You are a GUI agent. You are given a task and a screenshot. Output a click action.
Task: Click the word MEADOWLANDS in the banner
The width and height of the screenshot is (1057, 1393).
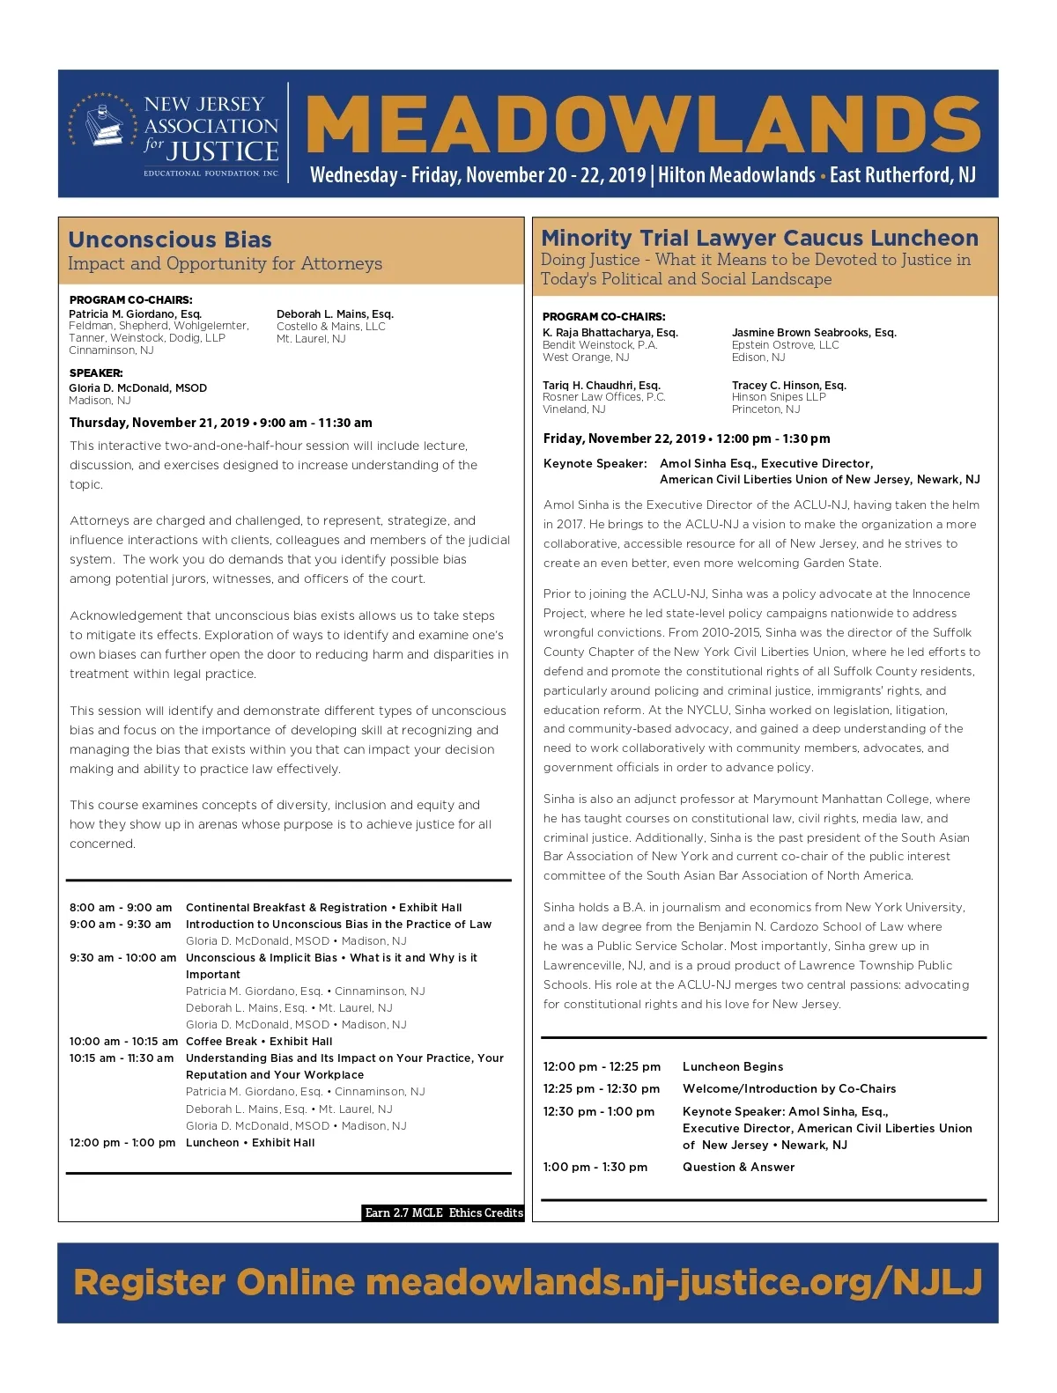coord(643,125)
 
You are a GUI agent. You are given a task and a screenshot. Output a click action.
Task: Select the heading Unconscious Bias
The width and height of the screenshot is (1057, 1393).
coord(170,240)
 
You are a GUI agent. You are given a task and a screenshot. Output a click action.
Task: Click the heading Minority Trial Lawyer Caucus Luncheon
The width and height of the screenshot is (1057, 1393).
coord(759,238)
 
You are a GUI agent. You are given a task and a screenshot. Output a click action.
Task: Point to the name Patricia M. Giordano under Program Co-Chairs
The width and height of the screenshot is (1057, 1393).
coord(136,314)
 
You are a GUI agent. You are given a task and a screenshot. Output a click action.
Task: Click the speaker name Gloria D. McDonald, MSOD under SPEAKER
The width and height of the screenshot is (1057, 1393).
coord(138,388)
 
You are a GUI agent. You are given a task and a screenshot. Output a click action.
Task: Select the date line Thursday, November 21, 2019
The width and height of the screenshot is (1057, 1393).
coord(159,423)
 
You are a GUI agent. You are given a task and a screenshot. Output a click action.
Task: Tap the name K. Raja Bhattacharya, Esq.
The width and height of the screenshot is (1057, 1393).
coord(610,333)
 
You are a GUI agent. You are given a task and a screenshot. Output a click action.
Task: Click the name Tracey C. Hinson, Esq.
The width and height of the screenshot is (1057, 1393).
coord(788,386)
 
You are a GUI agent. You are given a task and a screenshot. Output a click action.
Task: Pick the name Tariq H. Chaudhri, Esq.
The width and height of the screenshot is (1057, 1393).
coord(602,386)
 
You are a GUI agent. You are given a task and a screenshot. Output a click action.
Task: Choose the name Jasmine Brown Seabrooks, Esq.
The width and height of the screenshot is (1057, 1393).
coord(814,333)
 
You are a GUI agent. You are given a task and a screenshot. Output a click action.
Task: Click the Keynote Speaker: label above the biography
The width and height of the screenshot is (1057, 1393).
coord(595,464)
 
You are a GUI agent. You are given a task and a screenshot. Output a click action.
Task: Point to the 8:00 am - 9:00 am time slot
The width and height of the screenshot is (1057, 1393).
coord(121,908)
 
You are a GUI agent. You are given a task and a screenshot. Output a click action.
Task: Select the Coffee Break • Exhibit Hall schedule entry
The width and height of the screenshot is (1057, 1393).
coord(259,1042)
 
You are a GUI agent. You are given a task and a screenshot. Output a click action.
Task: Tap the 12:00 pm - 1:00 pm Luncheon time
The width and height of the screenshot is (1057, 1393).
coord(122,1143)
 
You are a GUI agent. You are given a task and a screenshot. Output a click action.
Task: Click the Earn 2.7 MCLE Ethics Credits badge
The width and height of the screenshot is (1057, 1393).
coord(444,1213)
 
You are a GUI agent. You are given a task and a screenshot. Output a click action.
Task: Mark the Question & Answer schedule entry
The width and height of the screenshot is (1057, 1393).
coord(738,1168)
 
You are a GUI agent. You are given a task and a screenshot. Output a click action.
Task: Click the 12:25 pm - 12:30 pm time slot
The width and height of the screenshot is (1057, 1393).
coord(602,1089)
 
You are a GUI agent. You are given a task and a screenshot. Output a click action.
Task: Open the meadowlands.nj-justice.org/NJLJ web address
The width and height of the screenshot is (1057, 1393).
coord(674,1282)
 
